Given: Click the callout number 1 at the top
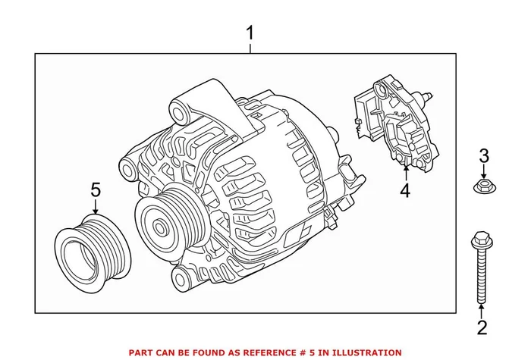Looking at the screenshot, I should (251, 33).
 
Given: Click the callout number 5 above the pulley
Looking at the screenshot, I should (96, 189).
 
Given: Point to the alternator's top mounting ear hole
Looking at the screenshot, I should (180, 114).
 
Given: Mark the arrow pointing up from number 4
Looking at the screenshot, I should (404, 173).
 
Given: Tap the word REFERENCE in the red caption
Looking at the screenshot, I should (263, 352).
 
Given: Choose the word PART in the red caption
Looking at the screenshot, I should (142, 352).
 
